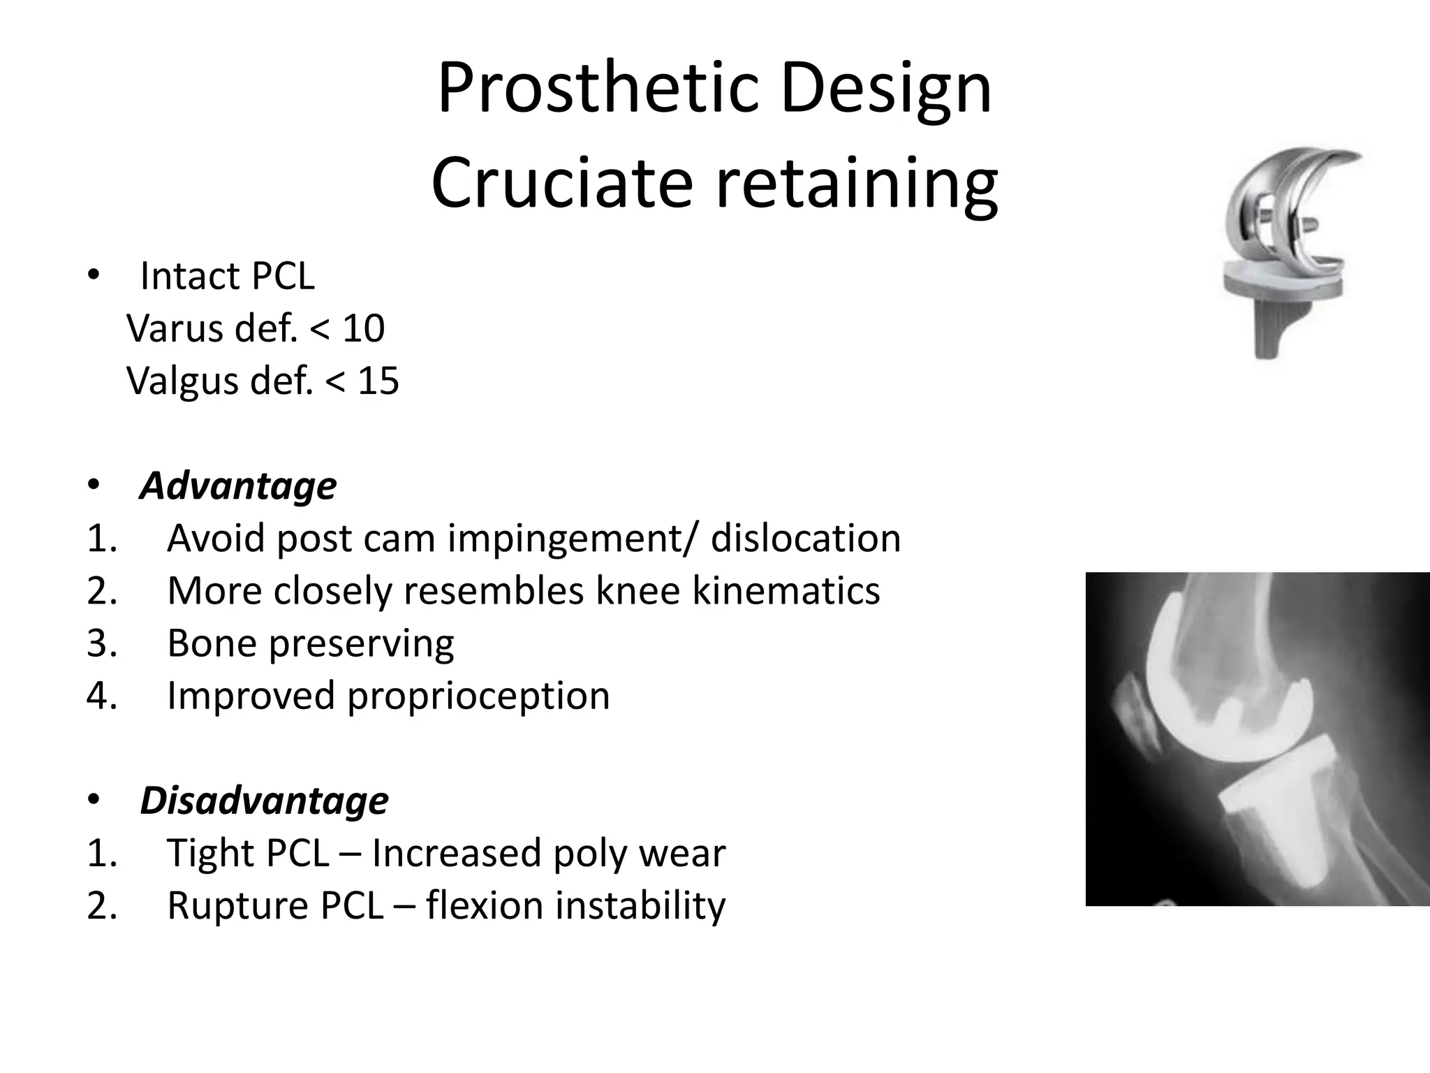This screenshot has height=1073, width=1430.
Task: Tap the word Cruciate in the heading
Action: click(561, 183)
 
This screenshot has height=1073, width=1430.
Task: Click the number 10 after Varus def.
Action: click(363, 328)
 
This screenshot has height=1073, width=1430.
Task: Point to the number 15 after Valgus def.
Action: click(378, 381)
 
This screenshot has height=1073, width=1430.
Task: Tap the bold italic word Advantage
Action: click(238, 486)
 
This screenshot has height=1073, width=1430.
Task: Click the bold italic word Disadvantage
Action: click(264, 800)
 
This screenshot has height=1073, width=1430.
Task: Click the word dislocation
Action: click(806, 538)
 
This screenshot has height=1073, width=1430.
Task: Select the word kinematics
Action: click(786, 591)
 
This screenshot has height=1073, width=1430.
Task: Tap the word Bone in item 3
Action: click(212, 643)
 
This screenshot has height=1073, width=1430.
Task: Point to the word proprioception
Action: click(478, 696)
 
